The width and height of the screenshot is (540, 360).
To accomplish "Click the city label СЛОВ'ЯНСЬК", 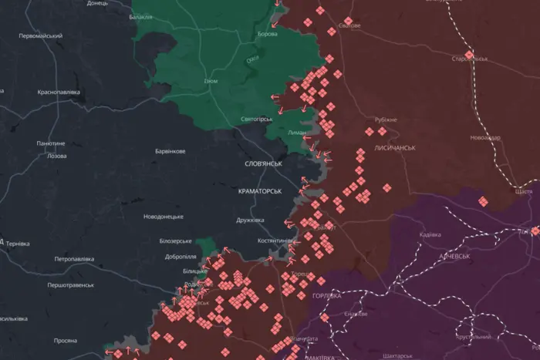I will coord(263,164).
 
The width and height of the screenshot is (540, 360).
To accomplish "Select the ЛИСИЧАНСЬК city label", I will coord(395,147).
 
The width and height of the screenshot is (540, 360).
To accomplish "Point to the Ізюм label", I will coord(211,81).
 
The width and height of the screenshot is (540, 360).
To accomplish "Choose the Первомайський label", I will coord(40,36).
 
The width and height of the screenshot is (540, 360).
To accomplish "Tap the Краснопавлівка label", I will coord(59,92).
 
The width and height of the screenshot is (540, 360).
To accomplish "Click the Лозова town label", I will coord(57,156).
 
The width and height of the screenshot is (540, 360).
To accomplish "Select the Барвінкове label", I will coord(170,151).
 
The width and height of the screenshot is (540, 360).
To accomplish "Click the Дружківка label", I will coord(250,220).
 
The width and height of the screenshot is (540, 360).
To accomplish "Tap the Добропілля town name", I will coord(179,255).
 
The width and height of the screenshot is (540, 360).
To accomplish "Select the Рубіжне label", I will coord(386,119).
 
